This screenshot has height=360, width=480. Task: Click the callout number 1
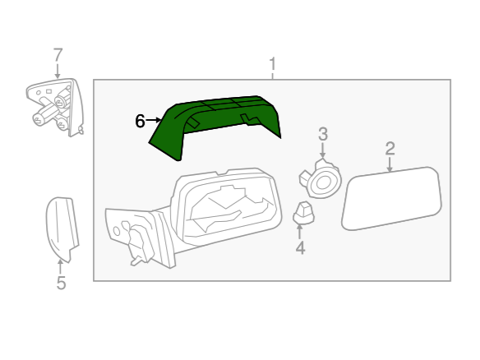tap(272, 64)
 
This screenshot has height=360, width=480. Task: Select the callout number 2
tap(390, 149)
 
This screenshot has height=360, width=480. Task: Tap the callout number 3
tap(323, 135)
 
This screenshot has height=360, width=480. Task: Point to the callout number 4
tap(300, 247)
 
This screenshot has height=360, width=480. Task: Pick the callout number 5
tap(61, 283)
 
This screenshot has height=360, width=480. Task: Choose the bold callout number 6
tap(140, 121)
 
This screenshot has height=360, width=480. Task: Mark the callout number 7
tap(58, 55)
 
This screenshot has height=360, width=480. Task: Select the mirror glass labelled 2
tap(391, 198)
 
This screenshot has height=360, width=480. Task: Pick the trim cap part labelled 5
tap(62, 228)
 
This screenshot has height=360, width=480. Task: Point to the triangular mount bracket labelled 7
tap(55, 107)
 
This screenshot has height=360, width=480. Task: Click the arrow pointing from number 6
tap(154, 120)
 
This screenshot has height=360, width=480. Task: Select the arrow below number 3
tap(322, 150)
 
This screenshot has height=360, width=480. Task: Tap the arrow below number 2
tap(390, 164)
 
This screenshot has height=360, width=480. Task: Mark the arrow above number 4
tap(300, 232)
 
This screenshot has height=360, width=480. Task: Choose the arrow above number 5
tap(60, 266)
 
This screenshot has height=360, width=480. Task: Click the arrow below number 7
tap(58, 71)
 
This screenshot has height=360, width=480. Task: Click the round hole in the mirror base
tap(117, 231)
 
